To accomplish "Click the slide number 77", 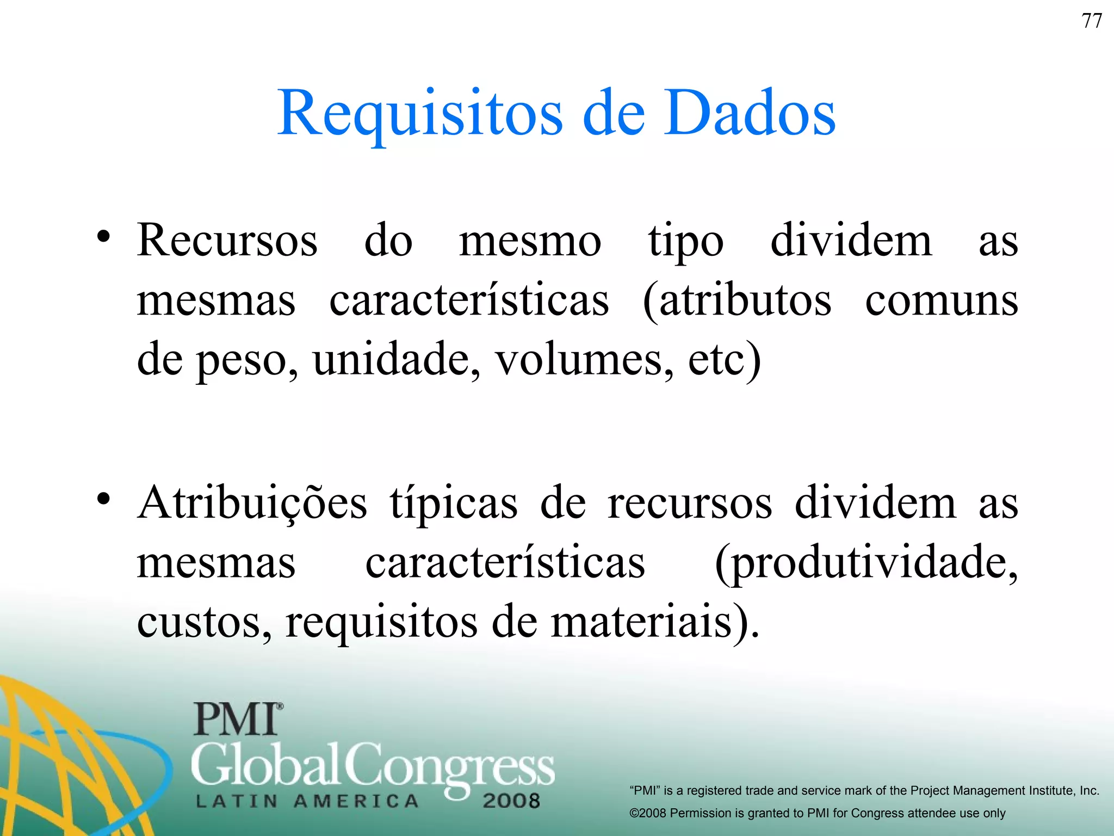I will coord(1092,21).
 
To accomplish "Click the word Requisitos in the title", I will coord(419,114).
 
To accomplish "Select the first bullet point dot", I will coord(103,237).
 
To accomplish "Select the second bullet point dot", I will coord(103,499).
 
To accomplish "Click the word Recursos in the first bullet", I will coord(227,240).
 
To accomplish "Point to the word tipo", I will coord(685,242).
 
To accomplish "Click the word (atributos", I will coord(737,301).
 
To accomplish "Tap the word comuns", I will coord(942,301).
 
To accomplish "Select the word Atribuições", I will coord(252,503).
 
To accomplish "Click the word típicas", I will coord(454,503).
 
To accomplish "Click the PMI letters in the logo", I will coord(237,719).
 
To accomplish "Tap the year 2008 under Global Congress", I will coord(511,801).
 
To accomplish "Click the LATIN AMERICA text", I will coord(307,801).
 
